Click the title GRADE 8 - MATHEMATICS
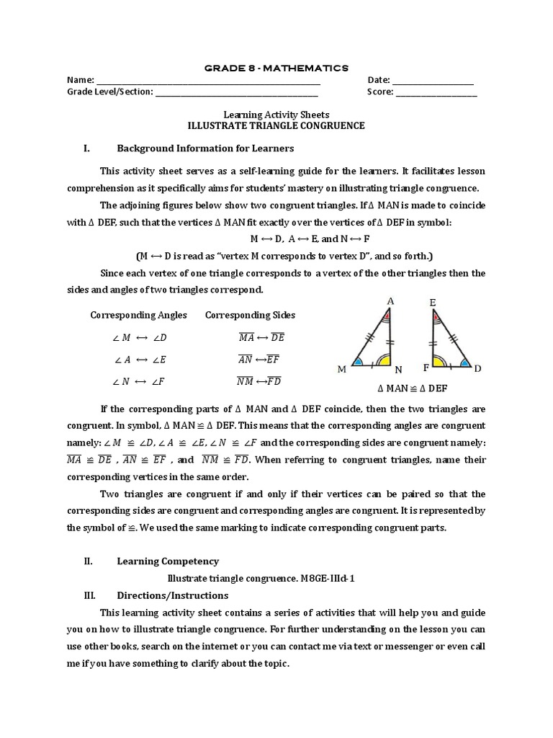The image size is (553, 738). pos(276,68)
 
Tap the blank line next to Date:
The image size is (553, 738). pos(433,81)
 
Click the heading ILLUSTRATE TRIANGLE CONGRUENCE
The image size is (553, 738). pos(276,125)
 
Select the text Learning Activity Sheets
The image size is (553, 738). pos(276,115)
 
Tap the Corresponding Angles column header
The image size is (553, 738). pos(138,315)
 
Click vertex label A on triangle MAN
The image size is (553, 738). pos(390,301)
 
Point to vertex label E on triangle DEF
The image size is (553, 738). pos(433,303)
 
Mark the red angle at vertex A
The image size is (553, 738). pos(388,316)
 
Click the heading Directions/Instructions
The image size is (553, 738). pos(172,595)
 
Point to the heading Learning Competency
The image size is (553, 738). pos(168,561)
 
